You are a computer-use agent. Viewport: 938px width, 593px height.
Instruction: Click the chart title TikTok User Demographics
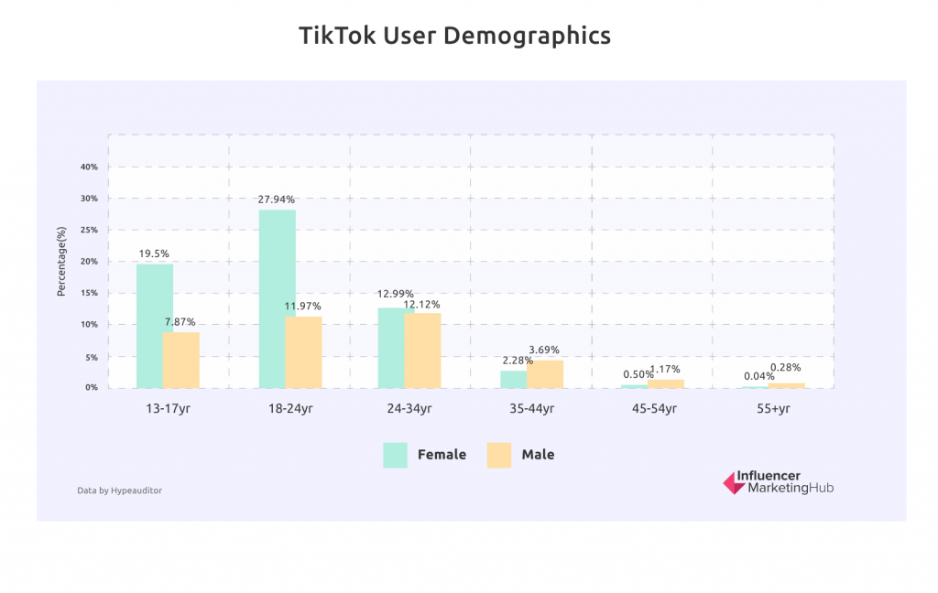(454, 36)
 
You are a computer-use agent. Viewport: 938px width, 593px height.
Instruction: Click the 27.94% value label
(277, 199)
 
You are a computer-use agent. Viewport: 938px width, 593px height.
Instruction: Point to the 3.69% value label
(544, 350)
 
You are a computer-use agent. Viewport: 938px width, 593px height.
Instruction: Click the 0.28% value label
(785, 368)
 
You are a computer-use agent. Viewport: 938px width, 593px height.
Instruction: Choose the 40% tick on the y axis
(89, 167)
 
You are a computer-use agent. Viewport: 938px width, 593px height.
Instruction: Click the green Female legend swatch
(396, 455)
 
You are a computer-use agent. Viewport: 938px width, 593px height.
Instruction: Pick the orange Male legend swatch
(499, 455)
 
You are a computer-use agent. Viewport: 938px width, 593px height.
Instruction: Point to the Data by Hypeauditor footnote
(119, 491)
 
